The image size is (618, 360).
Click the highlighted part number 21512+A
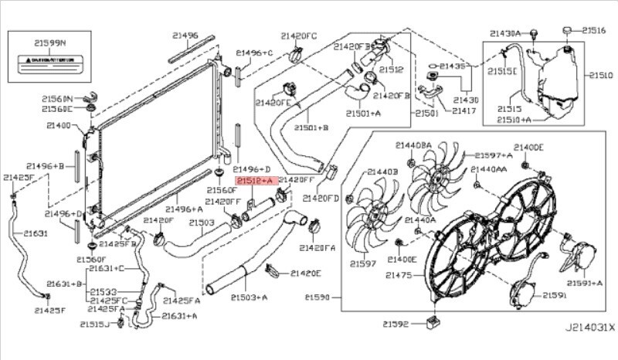tap(256, 180)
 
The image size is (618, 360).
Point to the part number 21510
tap(600, 76)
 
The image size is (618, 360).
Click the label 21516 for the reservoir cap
tap(593, 30)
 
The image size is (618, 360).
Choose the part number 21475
tap(401, 275)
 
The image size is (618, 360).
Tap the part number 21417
tap(464, 111)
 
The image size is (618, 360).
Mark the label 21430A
tap(508, 33)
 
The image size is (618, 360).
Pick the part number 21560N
tap(57, 99)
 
